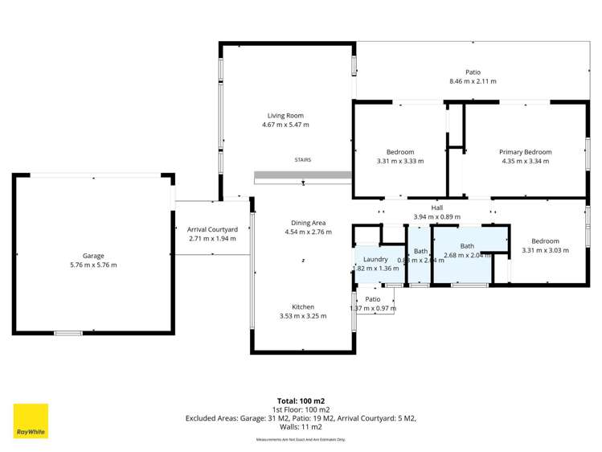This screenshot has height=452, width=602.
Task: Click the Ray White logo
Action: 31,421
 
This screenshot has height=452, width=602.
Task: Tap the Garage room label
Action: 93,256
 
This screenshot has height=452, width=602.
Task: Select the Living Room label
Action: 285,116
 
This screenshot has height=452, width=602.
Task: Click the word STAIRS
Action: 302,159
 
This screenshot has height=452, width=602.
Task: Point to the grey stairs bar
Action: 302,175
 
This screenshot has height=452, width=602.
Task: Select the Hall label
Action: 436,208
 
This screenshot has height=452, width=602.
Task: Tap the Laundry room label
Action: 375,259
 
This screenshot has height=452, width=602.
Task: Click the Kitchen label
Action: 302,306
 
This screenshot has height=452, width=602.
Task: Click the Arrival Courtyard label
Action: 212,229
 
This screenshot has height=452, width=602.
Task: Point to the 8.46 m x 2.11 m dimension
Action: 473,81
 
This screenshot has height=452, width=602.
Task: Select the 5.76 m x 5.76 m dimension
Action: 93,265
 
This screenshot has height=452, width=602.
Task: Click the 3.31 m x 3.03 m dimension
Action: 544,250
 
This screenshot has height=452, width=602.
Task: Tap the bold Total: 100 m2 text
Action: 301,401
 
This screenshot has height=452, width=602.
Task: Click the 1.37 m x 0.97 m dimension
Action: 373,308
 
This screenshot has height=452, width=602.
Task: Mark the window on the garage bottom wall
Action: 68,333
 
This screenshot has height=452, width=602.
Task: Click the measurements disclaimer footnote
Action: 301,440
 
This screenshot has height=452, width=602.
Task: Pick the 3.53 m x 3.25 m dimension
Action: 302,316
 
